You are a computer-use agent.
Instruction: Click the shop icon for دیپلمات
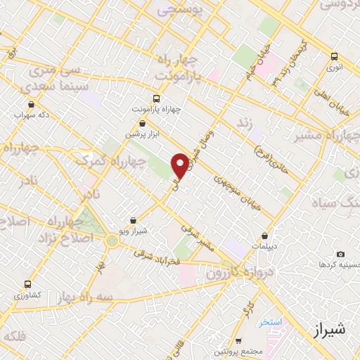(x=264, y=236)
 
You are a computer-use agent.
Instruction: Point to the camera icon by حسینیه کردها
(x=341, y=254)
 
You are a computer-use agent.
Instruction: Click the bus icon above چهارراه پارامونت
(x=156, y=99)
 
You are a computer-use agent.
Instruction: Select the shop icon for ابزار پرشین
(x=143, y=123)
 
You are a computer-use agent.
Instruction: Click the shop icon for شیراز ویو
(x=134, y=220)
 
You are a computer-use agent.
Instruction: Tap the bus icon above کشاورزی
(x=27, y=285)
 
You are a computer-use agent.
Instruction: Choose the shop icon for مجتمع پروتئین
(x=239, y=340)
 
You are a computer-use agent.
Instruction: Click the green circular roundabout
(x=112, y=241)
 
